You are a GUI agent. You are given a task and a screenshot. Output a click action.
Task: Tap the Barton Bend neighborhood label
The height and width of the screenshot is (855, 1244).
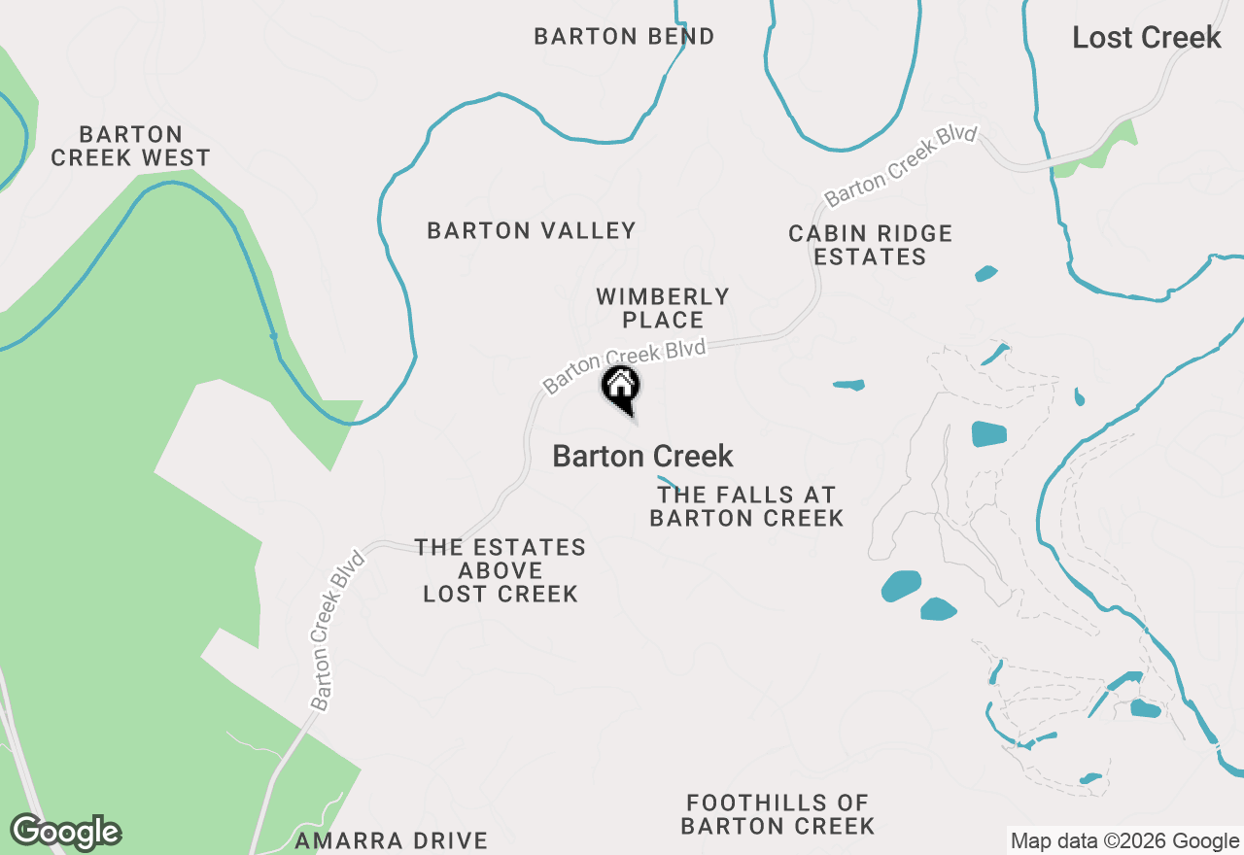tap(624, 37)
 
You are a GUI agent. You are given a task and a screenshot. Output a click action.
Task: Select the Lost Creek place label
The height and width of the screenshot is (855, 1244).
tap(1146, 38)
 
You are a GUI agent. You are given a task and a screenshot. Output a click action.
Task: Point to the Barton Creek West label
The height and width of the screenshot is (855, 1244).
tap(130, 146)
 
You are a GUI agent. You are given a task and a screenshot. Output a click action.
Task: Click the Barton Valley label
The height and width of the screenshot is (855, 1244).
tap(531, 230)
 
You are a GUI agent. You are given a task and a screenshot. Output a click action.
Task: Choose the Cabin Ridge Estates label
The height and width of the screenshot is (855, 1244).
tap(870, 245)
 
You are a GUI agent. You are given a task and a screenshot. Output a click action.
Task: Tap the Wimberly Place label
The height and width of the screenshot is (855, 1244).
tap(662, 308)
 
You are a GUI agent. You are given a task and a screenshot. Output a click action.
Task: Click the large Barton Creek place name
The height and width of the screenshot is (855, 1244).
tap(642, 456)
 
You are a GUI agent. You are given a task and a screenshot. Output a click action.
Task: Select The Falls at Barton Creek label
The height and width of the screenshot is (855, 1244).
tap(745, 507)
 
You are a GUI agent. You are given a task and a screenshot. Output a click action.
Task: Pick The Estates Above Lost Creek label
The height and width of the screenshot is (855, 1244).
tap(501, 570)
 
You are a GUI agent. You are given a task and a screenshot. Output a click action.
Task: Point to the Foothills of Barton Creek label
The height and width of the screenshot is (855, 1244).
tap(777, 814)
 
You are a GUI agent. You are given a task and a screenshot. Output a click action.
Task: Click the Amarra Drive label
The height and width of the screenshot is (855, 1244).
tap(391, 840)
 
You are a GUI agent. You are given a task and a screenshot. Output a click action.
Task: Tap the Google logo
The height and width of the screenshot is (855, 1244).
tap(65, 832)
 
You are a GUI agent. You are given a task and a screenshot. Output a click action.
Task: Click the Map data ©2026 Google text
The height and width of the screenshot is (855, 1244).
tap(1124, 841)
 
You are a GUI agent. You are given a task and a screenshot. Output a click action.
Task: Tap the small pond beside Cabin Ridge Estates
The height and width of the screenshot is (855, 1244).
tap(985, 274)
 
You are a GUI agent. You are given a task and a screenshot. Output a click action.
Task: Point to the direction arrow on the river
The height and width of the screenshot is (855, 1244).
tap(274, 336)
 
